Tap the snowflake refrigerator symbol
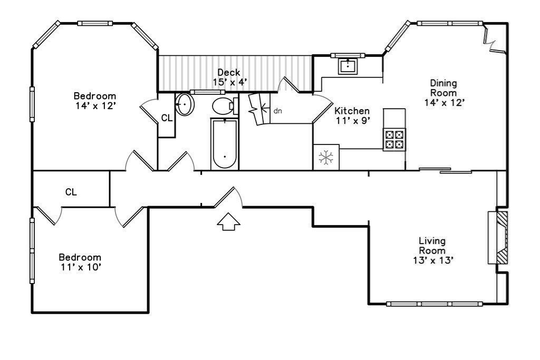pyautogui.click(x=326, y=157)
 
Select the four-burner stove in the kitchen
pyautogui.click(x=394, y=139)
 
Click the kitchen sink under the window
pyautogui.click(x=348, y=66)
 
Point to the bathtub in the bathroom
pyautogui.click(x=225, y=144)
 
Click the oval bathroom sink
pyautogui.click(x=185, y=104)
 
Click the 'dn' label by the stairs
pyautogui.click(x=278, y=111)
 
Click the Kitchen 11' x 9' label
pyautogui.click(x=352, y=115)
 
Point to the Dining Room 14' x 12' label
pyautogui.click(x=443, y=93)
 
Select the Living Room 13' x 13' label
pyautogui.click(x=432, y=250)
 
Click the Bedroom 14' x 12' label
pyautogui.click(x=94, y=101)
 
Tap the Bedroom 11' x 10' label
pyautogui.click(x=80, y=262)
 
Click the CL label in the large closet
pyautogui.click(x=71, y=192)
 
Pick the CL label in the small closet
pyautogui.click(x=167, y=118)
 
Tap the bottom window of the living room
pyautogui.click(x=435, y=304)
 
